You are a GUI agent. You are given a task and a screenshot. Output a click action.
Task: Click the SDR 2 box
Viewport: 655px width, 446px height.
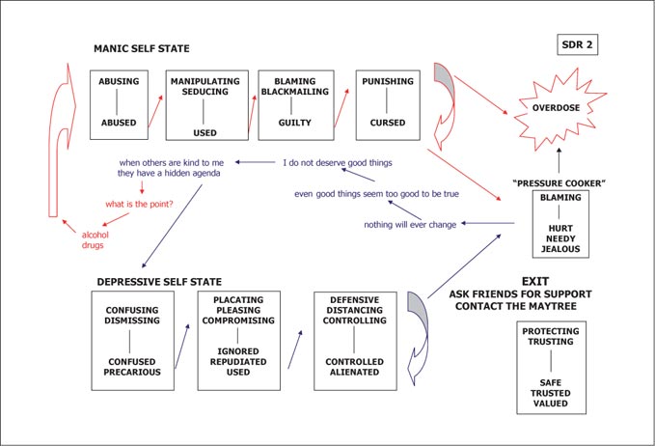tap(577, 44)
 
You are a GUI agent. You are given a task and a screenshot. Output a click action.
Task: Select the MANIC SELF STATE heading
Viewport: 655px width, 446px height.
tap(141, 48)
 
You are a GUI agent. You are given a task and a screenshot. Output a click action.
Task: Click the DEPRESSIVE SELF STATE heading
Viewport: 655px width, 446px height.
tap(159, 282)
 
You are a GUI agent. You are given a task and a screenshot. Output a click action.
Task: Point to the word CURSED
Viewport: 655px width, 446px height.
tap(388, 123)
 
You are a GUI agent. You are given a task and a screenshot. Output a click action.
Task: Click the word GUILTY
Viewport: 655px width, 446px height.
tap(295, 123)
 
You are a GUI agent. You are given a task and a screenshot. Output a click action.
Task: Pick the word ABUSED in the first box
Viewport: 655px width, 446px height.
tap(119, 123)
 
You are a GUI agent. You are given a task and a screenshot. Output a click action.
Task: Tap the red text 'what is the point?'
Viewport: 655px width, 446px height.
tap(139, 204)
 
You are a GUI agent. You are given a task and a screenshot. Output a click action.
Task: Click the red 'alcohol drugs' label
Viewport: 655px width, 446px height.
tap(96, 240)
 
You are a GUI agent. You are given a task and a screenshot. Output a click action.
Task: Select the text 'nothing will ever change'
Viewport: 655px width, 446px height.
tap(410, 225)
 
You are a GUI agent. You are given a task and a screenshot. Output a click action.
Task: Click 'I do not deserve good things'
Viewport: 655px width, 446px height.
tap(338, 162)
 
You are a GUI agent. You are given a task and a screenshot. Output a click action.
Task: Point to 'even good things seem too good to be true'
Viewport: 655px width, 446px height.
tap(376, 194)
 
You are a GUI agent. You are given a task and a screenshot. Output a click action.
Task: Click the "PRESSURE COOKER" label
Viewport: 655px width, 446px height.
tap(559, 183)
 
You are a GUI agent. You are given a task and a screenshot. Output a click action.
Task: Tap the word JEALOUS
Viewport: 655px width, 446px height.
tap(560, 249)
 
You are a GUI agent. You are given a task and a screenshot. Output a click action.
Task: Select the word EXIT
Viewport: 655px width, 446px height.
tap(535, 281)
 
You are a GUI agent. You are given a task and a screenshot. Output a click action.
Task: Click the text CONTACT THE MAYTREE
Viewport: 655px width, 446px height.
tap(516, 306)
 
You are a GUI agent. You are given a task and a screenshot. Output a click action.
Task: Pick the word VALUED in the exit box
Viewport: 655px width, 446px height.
tap(551, 404)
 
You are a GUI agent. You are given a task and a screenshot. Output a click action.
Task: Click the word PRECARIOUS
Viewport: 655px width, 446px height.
tap(132, 372)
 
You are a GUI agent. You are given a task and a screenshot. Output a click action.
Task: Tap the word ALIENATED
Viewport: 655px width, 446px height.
tap(355, 372)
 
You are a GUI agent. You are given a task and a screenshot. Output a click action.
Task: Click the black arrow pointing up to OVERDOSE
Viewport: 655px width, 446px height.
tap(559, 160)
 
